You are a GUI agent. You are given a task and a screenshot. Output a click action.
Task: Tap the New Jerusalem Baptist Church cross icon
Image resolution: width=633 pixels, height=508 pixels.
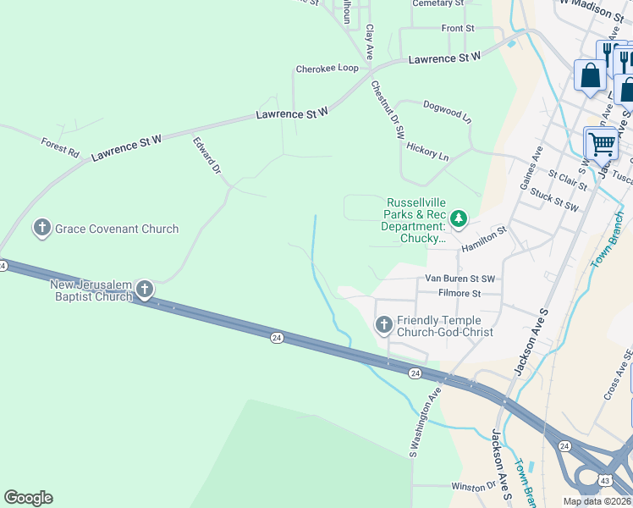click(x=145, y=290)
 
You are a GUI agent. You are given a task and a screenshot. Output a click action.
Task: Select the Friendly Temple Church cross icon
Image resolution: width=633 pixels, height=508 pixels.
click(x=384, y=324)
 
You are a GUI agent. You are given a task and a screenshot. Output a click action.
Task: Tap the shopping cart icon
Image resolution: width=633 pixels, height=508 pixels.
click(x=602, y=143)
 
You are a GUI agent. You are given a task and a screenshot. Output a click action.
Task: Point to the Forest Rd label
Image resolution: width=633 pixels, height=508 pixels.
click(x=59, y=149)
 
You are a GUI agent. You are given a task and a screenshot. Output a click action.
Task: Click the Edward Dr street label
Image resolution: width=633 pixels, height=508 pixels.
click(x=206, y=157)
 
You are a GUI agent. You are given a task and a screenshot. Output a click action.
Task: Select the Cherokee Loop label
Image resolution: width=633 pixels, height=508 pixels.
click(x=327, y=69)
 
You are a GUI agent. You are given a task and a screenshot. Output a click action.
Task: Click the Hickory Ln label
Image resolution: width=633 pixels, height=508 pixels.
click(x=427, y=151)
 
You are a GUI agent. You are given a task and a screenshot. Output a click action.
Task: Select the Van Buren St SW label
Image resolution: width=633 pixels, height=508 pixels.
click(x=460, y=279)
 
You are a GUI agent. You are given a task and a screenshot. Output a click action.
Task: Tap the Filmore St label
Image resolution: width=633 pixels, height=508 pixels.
click(x=460, y=294)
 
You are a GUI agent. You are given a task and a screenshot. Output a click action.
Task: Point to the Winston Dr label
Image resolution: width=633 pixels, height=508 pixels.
click(x=473, y=486)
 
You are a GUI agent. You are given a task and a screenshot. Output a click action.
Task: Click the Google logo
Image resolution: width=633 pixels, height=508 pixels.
click(x=28, y=498)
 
